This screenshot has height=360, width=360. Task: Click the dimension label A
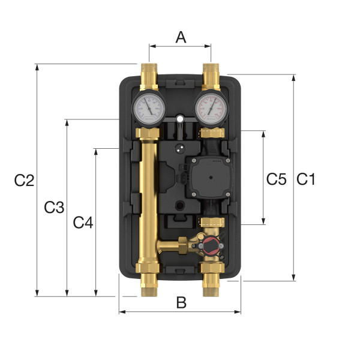(x=180, y=37)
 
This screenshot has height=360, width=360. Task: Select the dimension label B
(x=181, y=303)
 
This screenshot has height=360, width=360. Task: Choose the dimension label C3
(x=54, y=208)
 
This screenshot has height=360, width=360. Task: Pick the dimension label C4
(x=83, y=223)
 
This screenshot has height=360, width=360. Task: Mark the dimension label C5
(x=275, y=179)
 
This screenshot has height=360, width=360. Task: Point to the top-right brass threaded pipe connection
(x=212, y=73)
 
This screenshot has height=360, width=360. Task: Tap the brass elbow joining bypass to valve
(x=180, y=244)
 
